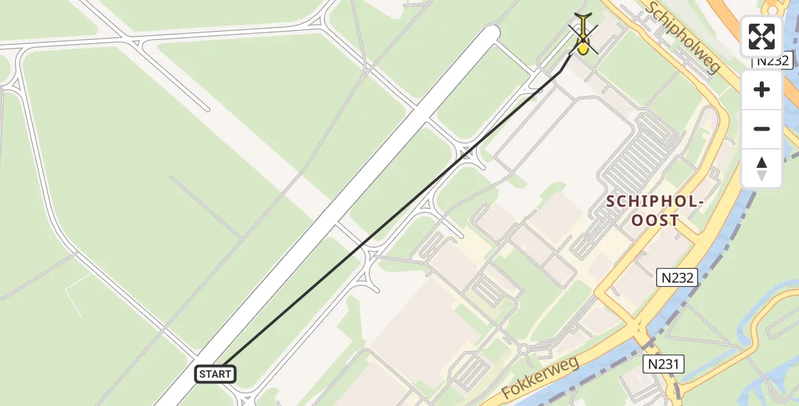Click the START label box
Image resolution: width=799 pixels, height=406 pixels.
(215, 374)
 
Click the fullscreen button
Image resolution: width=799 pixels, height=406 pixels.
(762, 37)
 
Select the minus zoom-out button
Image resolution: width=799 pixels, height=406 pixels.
(762, 129)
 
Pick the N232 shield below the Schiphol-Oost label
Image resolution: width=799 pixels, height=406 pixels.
(677, 277)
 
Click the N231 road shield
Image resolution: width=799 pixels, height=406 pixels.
(664, 365)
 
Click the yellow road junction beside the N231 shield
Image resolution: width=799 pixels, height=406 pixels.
(640, 336)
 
